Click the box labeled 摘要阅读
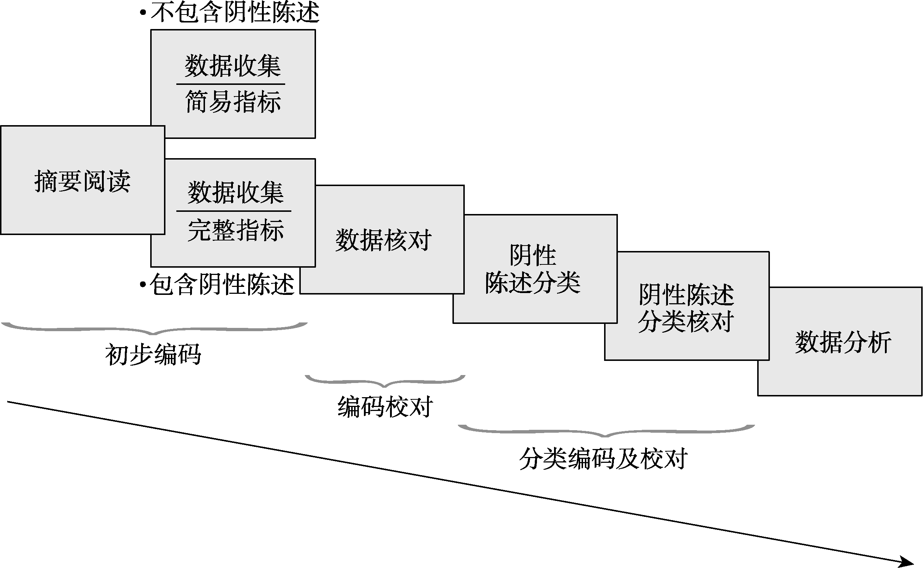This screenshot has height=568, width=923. point(82,181)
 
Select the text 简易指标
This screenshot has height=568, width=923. point(233,102)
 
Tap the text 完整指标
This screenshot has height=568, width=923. point(235,230)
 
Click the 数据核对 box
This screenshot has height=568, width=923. point(383,240)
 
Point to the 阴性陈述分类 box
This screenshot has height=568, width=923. point(533,269)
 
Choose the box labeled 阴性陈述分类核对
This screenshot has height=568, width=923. point(686,308)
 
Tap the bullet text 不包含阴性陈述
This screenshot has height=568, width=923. point(235,12)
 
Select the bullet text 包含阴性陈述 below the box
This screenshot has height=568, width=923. point(222,284)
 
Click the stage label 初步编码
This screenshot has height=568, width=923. point(153,354)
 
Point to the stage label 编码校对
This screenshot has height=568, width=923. point(385,407)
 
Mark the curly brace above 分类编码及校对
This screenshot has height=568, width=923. point(606,431)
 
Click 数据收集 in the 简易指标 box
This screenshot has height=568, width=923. point(233,66)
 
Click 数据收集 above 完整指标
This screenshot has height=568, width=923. point(235,193)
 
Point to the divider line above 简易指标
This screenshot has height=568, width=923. point(231,84)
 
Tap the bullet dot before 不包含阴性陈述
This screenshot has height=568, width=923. point(143,13)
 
